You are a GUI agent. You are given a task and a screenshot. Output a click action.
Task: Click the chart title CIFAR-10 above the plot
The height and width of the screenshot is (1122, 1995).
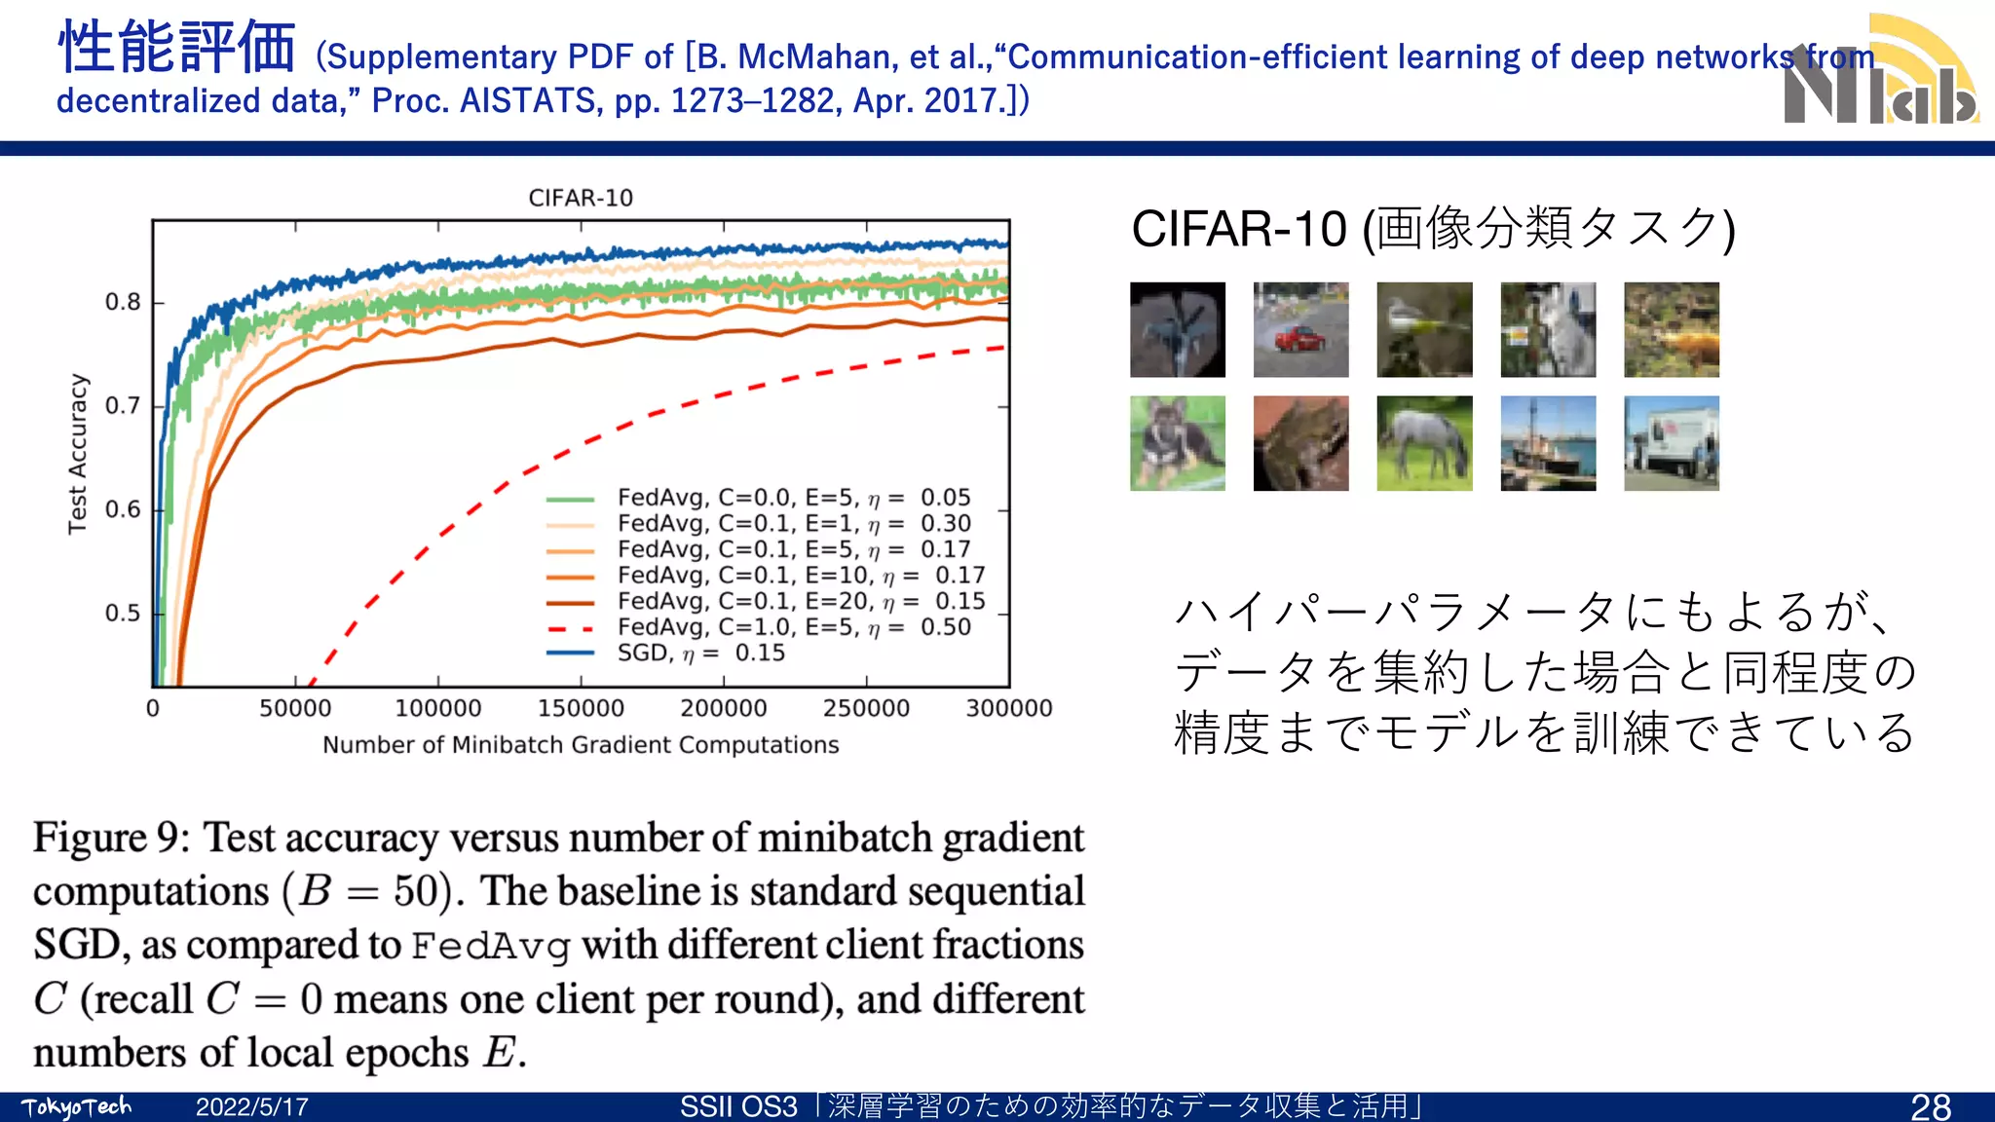581,198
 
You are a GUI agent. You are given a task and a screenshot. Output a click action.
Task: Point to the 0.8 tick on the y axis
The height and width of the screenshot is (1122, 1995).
124,303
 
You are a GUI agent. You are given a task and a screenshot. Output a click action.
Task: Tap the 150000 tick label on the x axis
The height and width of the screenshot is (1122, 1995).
581,708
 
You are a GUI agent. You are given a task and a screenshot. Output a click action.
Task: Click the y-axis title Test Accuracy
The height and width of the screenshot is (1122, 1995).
78,454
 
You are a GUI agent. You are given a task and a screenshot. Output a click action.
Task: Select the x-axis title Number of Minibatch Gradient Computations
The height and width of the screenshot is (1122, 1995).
581,745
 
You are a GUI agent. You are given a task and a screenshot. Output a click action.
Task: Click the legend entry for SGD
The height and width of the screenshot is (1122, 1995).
700,653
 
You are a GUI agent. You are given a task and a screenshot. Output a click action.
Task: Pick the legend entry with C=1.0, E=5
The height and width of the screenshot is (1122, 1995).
793,627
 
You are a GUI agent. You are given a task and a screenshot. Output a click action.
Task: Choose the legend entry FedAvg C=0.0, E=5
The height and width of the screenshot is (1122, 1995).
793,498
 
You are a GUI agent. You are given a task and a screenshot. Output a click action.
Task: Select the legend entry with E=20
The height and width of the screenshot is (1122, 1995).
800,601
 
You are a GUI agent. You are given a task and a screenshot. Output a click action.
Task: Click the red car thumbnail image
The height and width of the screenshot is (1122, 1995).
1300,330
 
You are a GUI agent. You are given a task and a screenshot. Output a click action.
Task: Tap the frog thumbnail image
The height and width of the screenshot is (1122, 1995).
1300,443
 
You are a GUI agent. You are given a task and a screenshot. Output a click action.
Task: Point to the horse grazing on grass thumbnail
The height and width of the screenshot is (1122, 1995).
1424,443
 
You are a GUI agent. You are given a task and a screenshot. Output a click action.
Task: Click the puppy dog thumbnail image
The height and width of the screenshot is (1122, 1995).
1177,443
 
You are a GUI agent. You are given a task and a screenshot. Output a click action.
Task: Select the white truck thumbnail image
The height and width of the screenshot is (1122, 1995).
1672,443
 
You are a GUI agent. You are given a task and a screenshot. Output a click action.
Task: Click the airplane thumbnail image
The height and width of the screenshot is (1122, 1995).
1177,330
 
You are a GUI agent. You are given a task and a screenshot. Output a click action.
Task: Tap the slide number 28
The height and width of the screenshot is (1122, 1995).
1930,1107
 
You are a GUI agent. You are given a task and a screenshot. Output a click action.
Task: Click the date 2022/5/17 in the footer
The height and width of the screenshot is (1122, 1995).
251,1107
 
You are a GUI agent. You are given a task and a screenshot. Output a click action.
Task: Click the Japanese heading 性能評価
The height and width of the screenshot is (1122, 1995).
177,49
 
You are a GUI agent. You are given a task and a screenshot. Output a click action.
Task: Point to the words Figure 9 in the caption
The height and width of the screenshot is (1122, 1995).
111,839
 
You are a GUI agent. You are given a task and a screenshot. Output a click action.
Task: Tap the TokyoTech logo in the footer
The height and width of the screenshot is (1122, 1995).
76,1107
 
